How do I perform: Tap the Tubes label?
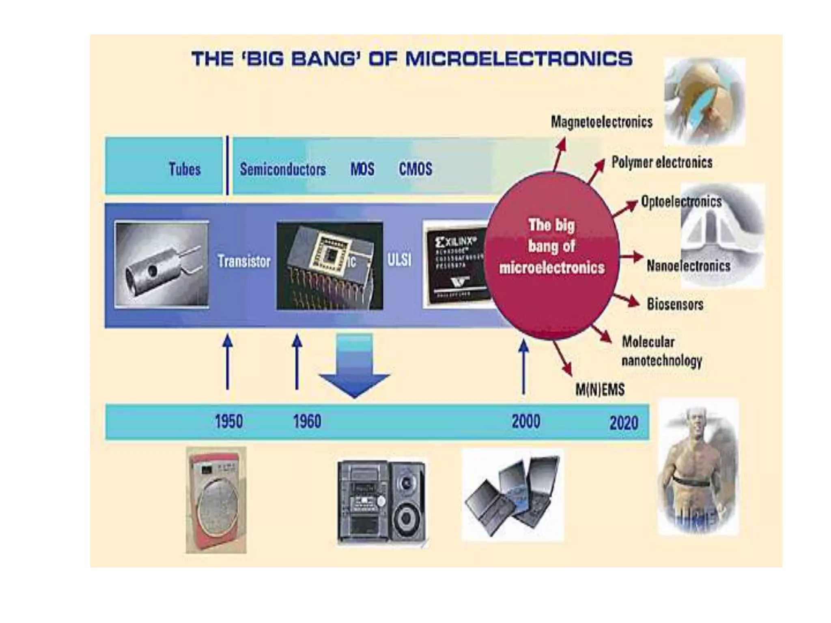185,169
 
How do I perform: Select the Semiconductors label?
282,169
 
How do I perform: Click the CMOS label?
415,169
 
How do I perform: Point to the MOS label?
362,169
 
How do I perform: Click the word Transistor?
244,261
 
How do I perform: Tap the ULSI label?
399,260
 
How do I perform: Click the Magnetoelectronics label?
601,122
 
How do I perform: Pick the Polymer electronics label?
662,162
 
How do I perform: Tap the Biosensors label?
675,304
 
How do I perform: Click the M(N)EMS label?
600,389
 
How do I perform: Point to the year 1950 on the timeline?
229,421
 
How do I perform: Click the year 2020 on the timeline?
624,423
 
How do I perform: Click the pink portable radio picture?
216,500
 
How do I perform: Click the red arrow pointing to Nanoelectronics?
631,257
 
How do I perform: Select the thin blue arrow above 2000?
523,367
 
